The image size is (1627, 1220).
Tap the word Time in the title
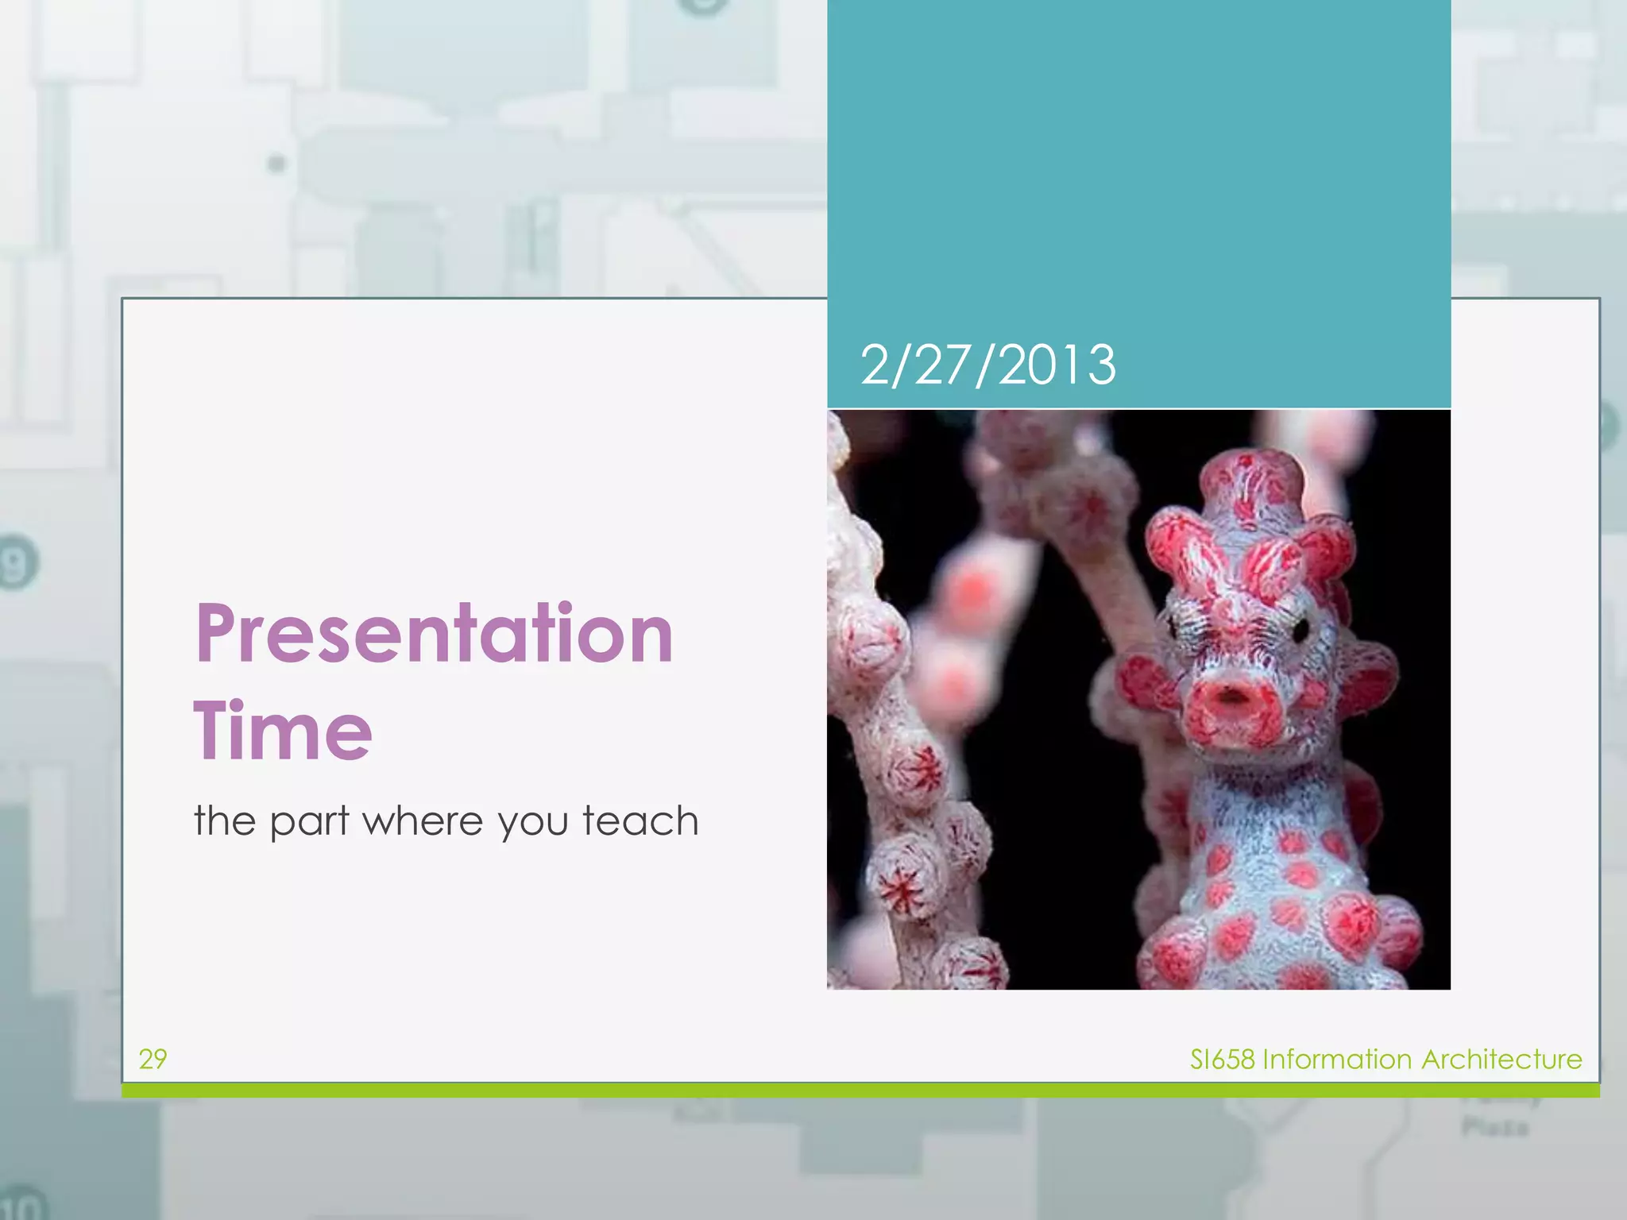pyautogui.click(x=283, y=731)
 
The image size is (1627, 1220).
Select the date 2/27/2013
pyautogui.click(x=987, y=365)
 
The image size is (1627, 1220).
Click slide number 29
pyautogui.click(x=153, y=1059)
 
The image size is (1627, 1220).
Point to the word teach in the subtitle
pyautogui.click(x=640, y=820)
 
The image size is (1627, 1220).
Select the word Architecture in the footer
pyautogui.click(x=1501, y=1060)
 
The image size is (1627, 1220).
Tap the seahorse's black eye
pyautogui.click(x=1300, y=631)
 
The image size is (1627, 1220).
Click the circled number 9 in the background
pyautogui.click(x=16, y=564)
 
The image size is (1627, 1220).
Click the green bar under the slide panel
pyautogui.click(x=860, y=1091)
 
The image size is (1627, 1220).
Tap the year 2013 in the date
pyautogui.click(x=1057, y=365)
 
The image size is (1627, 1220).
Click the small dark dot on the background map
pyautogui.click(x=276, y=164)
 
